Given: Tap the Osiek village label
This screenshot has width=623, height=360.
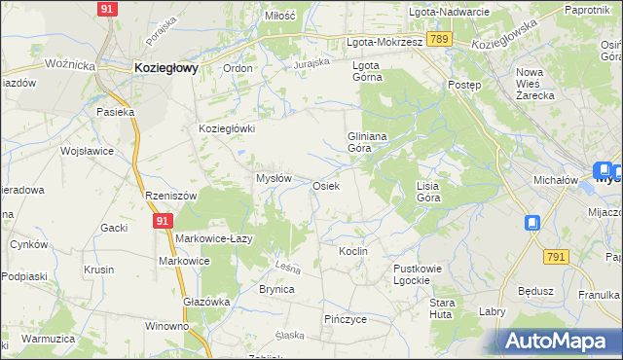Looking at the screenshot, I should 326,185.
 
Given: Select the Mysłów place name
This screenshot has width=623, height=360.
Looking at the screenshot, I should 274,178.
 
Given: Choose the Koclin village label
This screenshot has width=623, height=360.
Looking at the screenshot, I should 352,251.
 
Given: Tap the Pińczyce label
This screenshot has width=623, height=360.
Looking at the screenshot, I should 345,318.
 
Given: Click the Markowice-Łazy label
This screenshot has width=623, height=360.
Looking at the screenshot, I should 214,238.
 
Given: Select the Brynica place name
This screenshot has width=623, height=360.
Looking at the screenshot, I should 275,289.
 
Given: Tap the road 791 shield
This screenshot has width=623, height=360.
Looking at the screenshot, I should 556,256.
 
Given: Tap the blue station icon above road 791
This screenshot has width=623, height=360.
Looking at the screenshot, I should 532,223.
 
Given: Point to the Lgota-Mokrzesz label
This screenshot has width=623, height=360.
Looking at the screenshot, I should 385,43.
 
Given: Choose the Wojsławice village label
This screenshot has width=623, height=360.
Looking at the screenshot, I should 88,152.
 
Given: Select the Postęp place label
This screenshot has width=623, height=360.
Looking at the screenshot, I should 463,85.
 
